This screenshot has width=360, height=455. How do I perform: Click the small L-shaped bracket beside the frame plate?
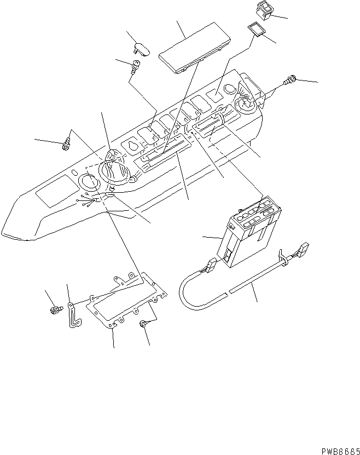(x=72, y=315)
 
